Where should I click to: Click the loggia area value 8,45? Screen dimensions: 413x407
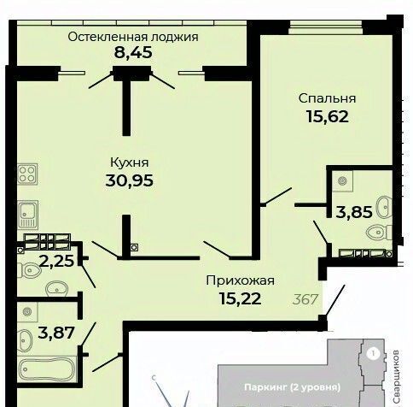pyautogui.click(x=133, y=52)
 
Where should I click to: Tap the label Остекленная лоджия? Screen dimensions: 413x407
pyautogui.click(x=133, y=37)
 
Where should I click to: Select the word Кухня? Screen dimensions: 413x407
pyautogui.click(x=130, y=162)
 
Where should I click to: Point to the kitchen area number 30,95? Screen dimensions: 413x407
pyautogui.click(x=130, y=180)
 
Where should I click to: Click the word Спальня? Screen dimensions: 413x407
pyautogui.click(x=327, y=98)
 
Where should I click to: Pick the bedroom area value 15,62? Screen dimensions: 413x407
pyautogui.click(x=328, y=116)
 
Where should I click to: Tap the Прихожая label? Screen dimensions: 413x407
pyautogui.click(x=241, y=280)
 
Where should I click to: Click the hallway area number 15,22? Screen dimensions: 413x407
pyautogui.click(x=241, y=298)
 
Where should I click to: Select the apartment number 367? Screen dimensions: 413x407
pyautogui.click(x=305, y=299)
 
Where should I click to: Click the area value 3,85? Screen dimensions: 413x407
pyautogui.click(x=354, y=212)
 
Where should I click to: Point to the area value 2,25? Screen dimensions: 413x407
pyautogui.click(x=57, y=261)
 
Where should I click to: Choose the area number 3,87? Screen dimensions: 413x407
pyautogui.click(x=56, y=333)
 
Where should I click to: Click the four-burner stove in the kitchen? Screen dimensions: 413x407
pyautogui.click(x=27, y=174)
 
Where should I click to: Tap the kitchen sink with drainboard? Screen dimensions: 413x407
pyautogui.click(x=27, y=215)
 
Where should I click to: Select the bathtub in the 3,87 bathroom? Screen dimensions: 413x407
pyautogui.click(x=47, y=369)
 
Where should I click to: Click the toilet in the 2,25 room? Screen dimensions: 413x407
pyautogui.click(x=29, y=270)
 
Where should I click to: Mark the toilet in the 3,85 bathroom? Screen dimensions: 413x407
pyautogui.click(x=379, y=233)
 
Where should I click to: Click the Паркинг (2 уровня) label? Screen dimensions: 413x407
pyautogui.click(x=292, y=387)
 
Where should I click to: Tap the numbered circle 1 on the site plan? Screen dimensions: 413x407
pyautogui.click(x=374, y=354)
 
